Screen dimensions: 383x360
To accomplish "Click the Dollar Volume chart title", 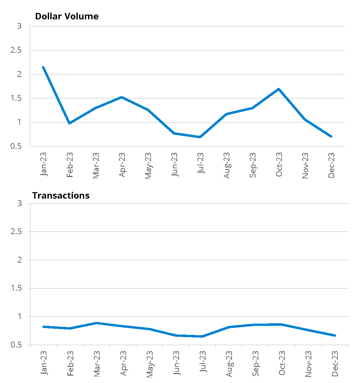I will [67, 16].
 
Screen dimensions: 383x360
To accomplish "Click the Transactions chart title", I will [61, 196].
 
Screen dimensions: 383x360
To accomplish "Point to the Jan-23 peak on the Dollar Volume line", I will [43, 67].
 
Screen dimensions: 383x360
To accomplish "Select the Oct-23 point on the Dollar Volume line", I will [278, 89].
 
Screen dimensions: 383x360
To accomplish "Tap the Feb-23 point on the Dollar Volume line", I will [69, 123].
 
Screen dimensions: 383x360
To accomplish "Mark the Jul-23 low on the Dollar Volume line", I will [200, 137].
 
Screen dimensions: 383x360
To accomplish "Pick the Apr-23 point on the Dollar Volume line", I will [122, 97].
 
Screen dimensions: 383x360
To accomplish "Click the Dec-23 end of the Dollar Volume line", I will [331, 137].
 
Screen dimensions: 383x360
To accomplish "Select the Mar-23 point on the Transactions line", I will [97, 323].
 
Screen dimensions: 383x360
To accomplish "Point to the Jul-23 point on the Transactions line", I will [202, 336].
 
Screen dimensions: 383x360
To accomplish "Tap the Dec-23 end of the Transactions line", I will [335, 336].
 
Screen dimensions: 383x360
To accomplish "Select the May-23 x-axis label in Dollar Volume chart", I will [148, 166].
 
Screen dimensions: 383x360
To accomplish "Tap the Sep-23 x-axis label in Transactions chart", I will [255, 364].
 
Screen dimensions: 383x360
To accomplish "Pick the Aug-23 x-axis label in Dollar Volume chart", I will [226, 165].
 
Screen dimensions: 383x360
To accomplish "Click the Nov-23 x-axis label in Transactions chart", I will [308, 364].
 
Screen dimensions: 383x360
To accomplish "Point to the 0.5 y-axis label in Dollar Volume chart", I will [16, 146].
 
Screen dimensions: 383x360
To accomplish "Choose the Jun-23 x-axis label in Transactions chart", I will [176, 364].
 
